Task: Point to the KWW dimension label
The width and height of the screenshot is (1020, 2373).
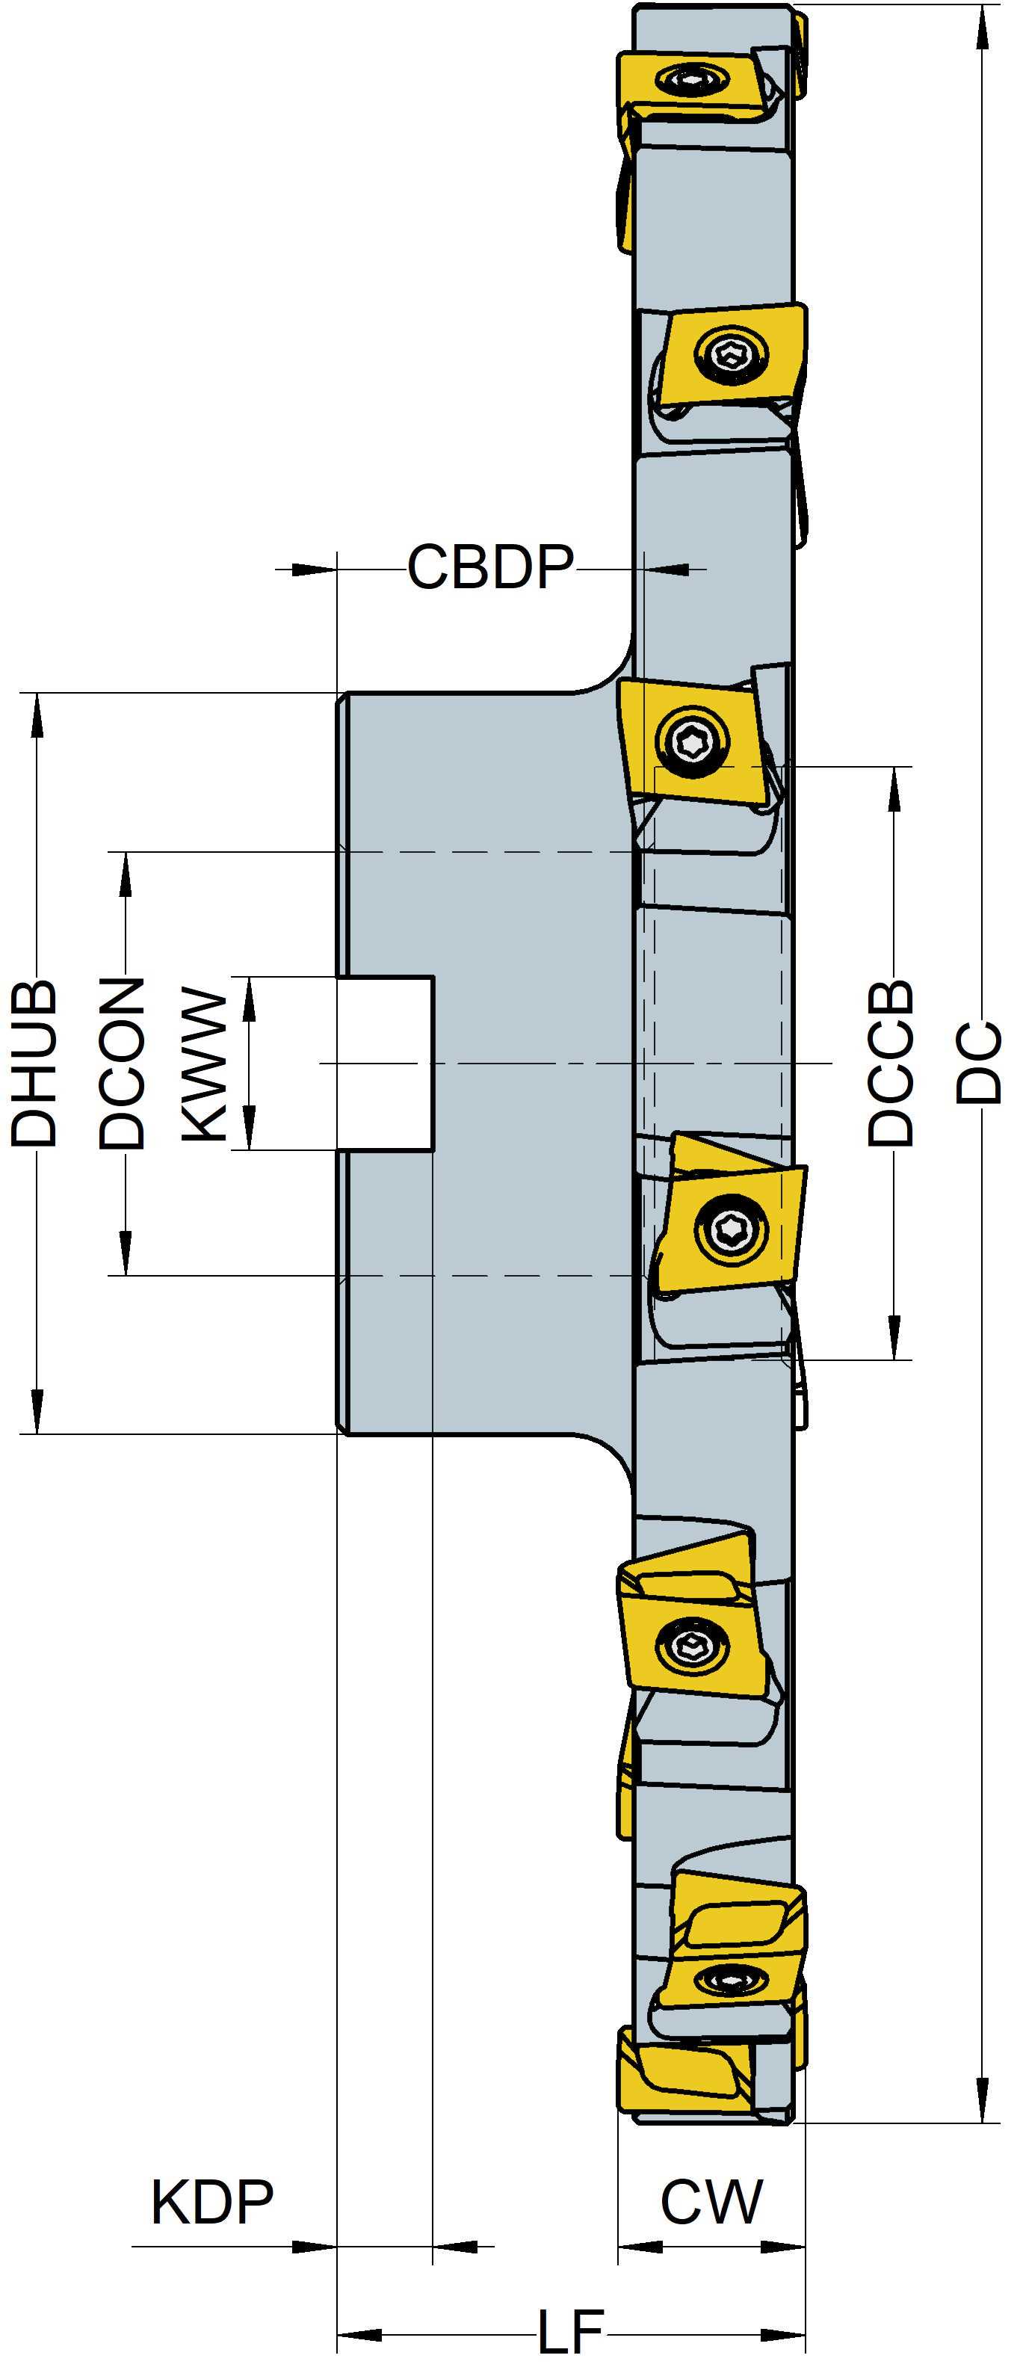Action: (204, 1065)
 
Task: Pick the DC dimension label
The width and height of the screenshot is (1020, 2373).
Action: (979, 1062)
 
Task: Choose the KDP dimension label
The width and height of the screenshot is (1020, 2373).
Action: (212, 2203)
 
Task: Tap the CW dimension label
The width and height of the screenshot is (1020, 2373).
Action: (711, 2203)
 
